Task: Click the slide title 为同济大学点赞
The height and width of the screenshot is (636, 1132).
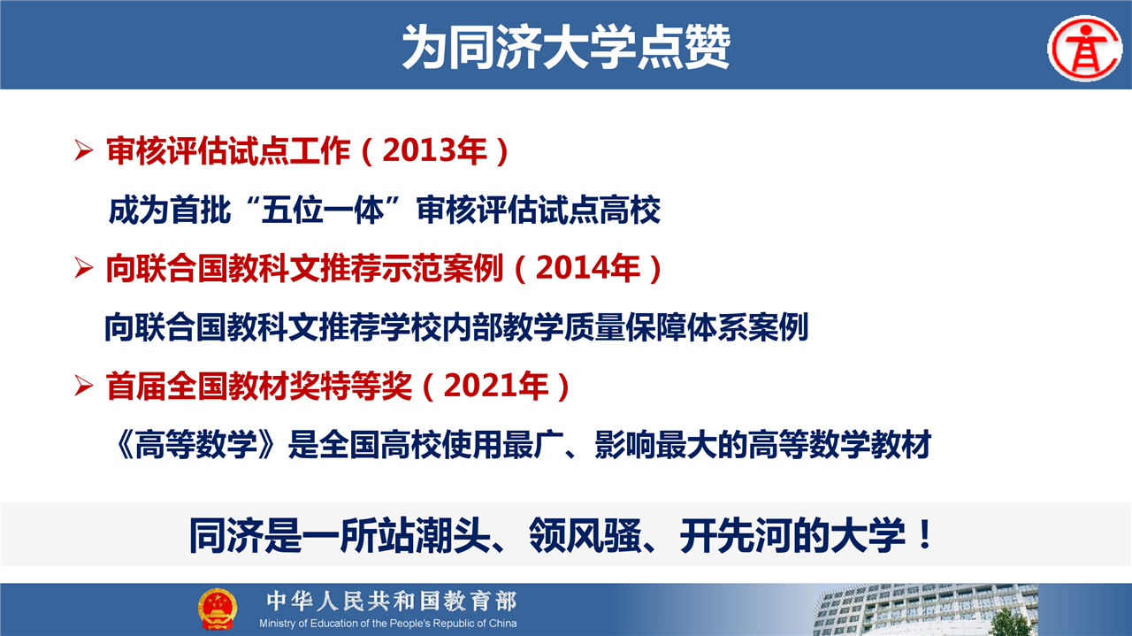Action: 566,47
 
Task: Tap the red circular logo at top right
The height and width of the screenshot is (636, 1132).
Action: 1085,49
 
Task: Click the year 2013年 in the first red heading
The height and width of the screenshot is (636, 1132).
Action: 434,150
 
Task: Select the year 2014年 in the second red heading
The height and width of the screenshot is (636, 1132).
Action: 588,267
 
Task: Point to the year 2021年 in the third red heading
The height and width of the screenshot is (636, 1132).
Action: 496,386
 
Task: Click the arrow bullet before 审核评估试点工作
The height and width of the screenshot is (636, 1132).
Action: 83,150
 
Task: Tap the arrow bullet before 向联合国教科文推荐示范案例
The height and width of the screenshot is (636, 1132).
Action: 83,267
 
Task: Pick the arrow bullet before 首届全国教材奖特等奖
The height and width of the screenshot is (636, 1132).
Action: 83,386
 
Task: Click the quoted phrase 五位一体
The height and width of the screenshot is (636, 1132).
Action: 323,210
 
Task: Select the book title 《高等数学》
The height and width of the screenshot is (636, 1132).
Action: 196,444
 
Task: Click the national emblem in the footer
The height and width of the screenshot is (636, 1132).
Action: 218,609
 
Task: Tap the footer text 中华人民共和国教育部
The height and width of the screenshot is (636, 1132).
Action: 392,602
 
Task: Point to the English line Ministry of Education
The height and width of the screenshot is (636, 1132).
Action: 388,624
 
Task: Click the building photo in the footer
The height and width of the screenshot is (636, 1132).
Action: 925,609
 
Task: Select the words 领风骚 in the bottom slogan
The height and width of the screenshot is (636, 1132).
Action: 585,535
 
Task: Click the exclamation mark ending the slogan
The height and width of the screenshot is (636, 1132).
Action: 925,534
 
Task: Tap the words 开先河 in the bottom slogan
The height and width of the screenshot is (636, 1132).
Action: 737,535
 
